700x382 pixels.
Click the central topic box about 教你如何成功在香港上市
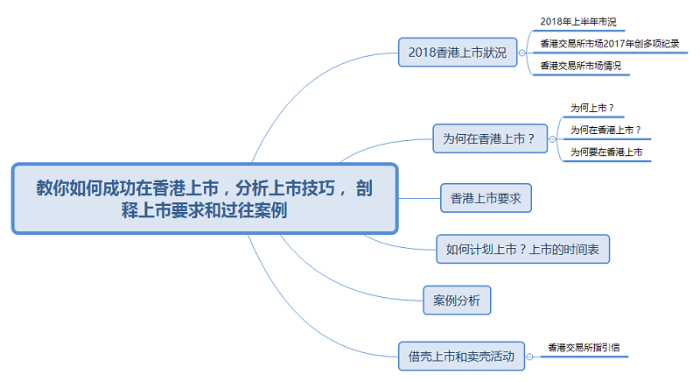(205, 198)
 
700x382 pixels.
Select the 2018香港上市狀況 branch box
(457, 53)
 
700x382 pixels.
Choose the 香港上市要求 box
(486, 199)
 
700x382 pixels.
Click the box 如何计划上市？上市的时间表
(522, 250)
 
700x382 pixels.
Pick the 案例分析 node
(457, 301)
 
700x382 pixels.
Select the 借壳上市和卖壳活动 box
(461, 356)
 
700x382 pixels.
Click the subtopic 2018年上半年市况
(571, 21)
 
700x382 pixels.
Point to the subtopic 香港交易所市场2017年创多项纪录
(609, 43)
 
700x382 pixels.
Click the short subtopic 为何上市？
(591, 108)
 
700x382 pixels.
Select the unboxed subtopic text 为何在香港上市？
(605, 130)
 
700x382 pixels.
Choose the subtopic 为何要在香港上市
(605, 152)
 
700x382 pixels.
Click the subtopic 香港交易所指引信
(584, 347)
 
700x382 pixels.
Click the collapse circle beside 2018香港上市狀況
(522, 53)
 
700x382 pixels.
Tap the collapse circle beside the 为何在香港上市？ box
(552, 138)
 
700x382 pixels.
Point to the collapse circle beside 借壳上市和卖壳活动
(531, 356)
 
